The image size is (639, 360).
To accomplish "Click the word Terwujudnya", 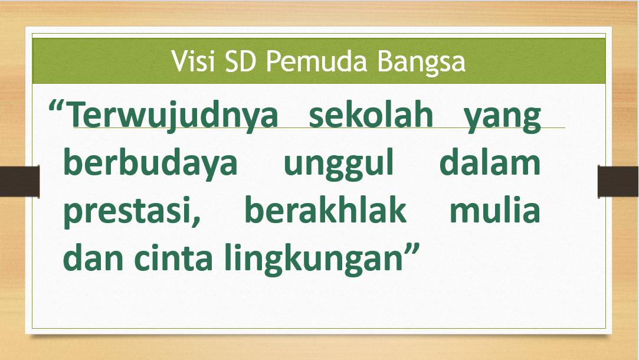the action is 172,116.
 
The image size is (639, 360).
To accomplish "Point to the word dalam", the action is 490,162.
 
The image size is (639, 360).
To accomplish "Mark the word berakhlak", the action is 326,210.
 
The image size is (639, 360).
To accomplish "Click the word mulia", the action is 494,210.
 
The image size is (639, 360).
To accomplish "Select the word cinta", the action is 173,258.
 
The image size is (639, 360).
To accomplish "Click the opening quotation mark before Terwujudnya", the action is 57,108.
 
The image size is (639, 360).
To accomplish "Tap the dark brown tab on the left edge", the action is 19,181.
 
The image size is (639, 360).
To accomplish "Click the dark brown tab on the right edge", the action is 618,181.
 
